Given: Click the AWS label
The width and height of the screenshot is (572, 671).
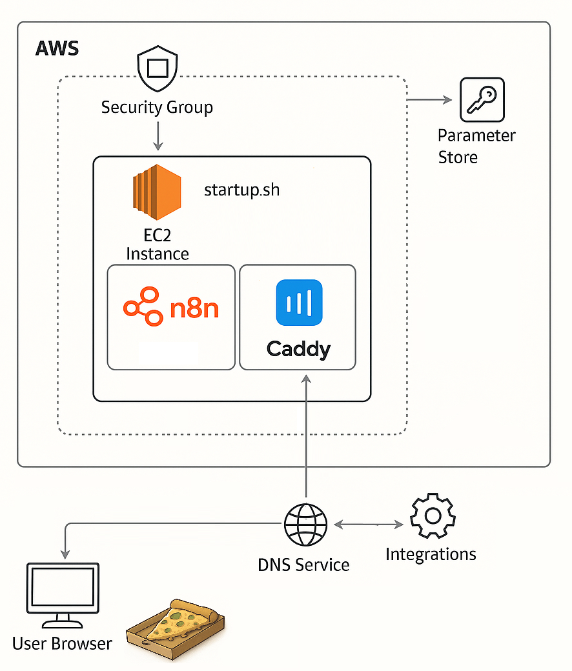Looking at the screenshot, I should pos(57,48).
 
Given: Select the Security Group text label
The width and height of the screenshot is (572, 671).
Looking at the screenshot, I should pos(157,106).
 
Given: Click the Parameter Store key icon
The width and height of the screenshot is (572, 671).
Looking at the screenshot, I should pos(482,100).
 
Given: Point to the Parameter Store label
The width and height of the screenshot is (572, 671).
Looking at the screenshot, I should pos(476,146).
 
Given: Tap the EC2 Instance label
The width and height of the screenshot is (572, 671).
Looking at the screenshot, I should pos(158,244).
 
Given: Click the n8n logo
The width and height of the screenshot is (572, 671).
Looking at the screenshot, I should pos(172,308).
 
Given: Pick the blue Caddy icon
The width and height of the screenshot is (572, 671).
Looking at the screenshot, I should pos(298,303).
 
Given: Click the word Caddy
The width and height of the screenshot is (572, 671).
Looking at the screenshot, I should pos(298,349).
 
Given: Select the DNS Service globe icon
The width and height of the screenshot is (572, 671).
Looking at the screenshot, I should pos(305,524).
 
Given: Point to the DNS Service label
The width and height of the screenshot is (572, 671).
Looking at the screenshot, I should pos(303,565).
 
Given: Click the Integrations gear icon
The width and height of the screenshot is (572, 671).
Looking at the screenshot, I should pos(433,517).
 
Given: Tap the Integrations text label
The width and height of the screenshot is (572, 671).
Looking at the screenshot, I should pos(431,554).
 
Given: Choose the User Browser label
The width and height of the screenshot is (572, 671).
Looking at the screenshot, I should pos(62,643).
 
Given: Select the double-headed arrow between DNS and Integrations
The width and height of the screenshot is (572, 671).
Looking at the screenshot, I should pos(369,525).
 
